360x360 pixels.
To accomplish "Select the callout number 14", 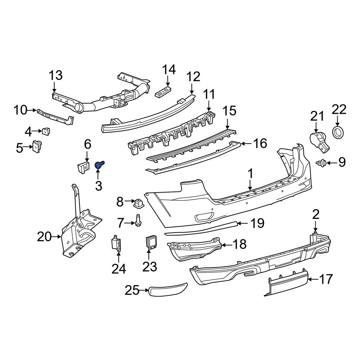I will [168, 69].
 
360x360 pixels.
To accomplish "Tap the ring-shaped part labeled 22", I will [338, 132].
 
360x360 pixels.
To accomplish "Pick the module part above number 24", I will [116, 244].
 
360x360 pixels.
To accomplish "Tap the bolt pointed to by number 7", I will [138, 221].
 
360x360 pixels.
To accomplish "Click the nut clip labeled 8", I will [138, 203].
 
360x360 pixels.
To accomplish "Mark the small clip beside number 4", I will [46, 132].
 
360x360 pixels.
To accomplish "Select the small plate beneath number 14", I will [163, 92].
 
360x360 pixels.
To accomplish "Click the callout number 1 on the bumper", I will [250, 174].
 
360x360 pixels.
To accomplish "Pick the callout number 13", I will [56, 76].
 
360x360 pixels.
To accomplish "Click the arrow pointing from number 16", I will [247, 144].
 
